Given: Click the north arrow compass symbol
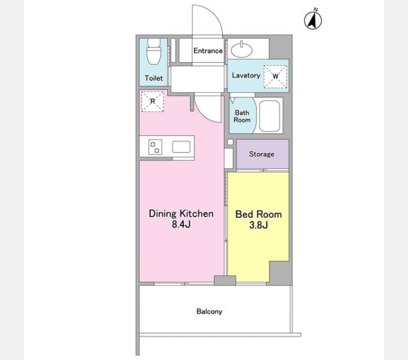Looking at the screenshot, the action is [313, 20].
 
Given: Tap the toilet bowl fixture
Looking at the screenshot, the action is [154, 51].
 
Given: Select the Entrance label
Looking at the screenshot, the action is [208, 51].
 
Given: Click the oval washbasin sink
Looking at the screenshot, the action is [241, 49].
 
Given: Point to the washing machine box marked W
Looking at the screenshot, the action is [275, 76].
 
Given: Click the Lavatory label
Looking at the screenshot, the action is [246, 76].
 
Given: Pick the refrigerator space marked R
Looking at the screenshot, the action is [152, 101].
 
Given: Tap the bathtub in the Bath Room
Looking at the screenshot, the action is [269, 116].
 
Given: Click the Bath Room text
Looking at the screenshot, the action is [242, 116].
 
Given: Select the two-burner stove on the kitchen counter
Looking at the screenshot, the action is [155, 147].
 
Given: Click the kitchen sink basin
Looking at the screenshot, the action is [181, 147].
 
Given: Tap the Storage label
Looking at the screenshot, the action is [262, 154].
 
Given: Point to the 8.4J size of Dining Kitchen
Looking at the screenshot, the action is [181, 224].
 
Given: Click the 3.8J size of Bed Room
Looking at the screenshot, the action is [259, 225].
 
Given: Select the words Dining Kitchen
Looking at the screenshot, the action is [181, 214].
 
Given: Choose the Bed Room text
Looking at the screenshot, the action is [259, 214].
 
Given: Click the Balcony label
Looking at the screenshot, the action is [209, 311].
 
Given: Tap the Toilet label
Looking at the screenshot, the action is [154, 78].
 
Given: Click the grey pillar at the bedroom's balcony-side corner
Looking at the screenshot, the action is [280, 273].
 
